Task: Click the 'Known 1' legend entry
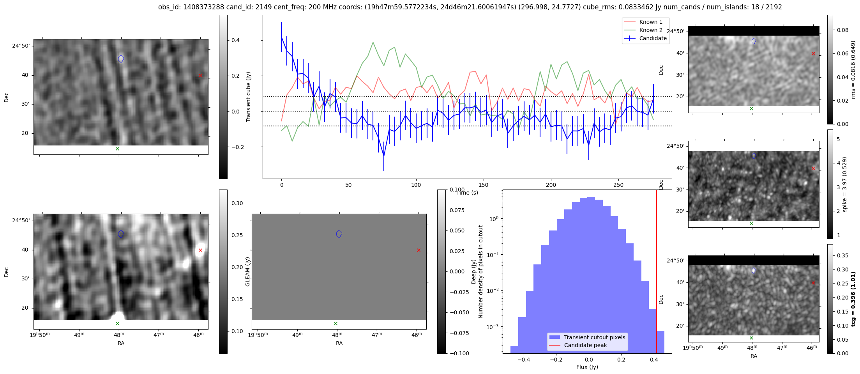650,22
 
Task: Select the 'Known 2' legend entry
650,30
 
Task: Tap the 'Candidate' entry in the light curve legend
653,38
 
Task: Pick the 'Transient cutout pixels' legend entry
594,337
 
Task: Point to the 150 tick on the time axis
484,185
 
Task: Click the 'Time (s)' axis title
467,193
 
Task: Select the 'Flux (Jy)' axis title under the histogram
587,367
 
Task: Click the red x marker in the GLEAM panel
419,250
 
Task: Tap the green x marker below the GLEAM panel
336,323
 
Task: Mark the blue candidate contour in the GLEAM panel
339,234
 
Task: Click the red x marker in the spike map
813,168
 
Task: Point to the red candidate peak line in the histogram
657,273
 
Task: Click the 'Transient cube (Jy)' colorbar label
248,97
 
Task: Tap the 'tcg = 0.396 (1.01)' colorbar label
853,300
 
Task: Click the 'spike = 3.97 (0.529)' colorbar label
845,184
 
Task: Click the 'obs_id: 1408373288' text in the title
186,7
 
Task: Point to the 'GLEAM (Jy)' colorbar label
247,271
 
